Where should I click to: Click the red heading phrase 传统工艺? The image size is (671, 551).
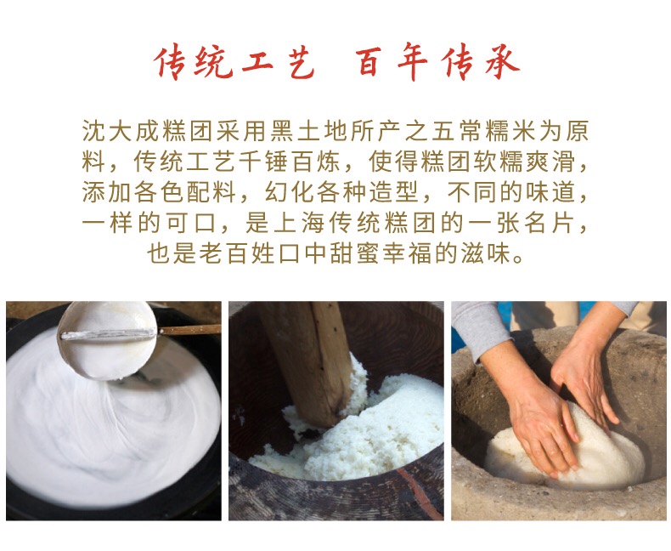[234, 63]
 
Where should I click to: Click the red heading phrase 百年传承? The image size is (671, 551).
[437, 63]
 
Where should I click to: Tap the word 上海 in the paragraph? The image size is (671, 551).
[298, 223]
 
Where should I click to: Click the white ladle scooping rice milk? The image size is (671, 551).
[107, 341]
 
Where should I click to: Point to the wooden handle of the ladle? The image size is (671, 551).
[189, 329]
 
